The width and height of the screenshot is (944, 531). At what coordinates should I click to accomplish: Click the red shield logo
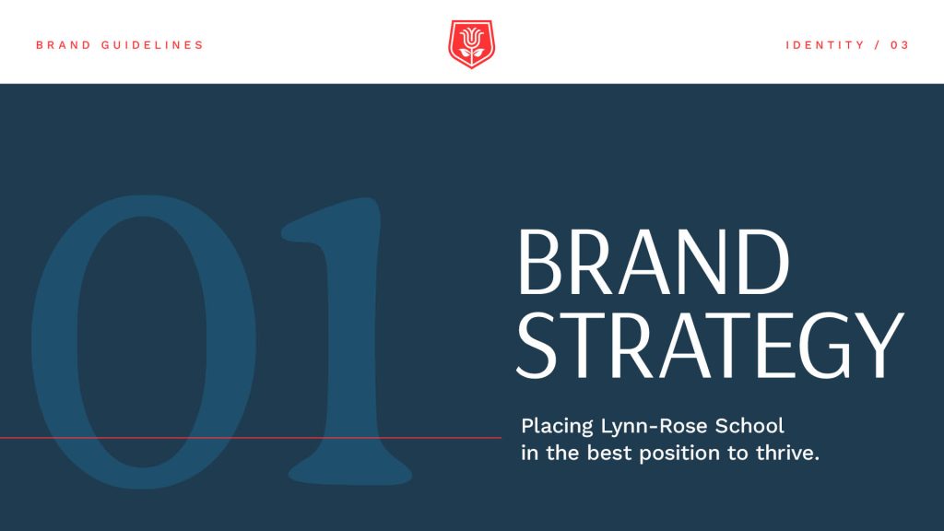pyautogui.click(x=471, y=44)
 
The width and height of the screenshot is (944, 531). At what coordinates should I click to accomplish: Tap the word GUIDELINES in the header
pyautogui.click(x=152, y=45)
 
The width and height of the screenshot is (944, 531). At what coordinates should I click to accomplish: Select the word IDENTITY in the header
pyautogui.click(x=825, y=45)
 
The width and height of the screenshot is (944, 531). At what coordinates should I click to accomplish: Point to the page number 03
pyautogui.click(x=900, y=45)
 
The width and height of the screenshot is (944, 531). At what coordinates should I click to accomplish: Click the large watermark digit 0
pyautogui.click(x=143, y=341)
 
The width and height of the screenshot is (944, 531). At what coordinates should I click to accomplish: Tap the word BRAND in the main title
pyautogui.click(x=654, y=262)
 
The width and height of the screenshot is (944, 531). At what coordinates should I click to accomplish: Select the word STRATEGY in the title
pyautogui.click(x=711, y=345)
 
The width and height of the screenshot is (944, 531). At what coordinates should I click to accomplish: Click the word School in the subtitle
pyautogui.click(x=749, y=426)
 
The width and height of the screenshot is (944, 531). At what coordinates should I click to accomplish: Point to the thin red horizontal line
pyautogui.click(x=251, y=438)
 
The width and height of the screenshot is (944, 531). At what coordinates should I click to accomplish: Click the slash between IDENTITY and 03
pyautogui.click(x=878, y=45)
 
